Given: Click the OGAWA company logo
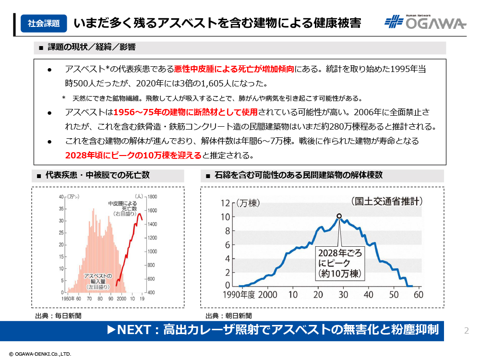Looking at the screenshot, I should click(425, 22).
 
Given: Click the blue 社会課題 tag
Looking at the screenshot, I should click(44, 23).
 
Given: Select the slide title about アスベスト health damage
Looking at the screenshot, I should click(217, 23).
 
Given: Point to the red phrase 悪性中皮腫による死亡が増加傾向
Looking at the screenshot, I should click(234, 69).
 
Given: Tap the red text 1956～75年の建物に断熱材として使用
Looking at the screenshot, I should click(186, 113).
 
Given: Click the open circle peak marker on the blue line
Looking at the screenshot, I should click(339, 216).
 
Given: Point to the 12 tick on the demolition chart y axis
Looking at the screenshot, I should click(225, 203).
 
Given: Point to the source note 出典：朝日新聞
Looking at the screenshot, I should click(228, 315).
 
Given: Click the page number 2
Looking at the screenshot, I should click(466, 330).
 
